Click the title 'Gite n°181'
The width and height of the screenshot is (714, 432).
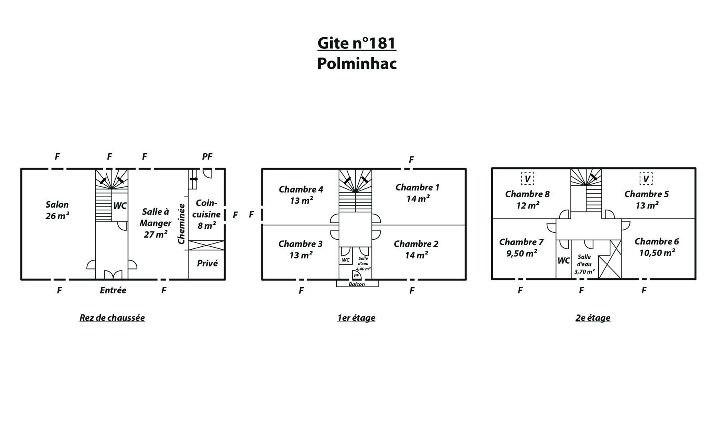(x=357, y=43)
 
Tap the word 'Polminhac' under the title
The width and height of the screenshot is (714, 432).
(x=357, y=64)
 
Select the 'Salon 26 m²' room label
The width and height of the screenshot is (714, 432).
(x=57, y=210)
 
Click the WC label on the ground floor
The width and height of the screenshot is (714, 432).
(x=120, y=206)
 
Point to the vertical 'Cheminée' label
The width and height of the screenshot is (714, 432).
(x=181, y=224)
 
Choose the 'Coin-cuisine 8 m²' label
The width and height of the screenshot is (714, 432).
(x=206, y=214)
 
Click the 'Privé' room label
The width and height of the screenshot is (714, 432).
(x=207, y=263)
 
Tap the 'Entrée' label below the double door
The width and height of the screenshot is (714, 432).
(x=113, y=290)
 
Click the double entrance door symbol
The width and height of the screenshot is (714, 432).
(x=113, y=275)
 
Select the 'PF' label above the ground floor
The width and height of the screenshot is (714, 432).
(x=207, y=157)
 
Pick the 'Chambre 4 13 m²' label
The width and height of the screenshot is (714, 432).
(x=301, y=195)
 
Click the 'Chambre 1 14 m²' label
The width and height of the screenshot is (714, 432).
(x=418, y=193)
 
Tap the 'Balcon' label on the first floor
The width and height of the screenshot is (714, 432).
(x=357, y=284)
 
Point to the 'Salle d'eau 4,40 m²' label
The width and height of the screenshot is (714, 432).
(x=363, y=264)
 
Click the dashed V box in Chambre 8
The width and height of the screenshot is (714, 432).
(x=527, y=178)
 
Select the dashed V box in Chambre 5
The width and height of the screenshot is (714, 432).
(x=646, y=178)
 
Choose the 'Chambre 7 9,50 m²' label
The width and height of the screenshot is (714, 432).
(x=522, y=248)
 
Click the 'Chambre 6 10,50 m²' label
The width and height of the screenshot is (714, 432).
(x=657, y=247)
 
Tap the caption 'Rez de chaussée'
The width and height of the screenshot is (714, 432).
(x=112, y=318)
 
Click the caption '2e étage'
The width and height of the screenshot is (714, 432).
(x=593, y=318)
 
